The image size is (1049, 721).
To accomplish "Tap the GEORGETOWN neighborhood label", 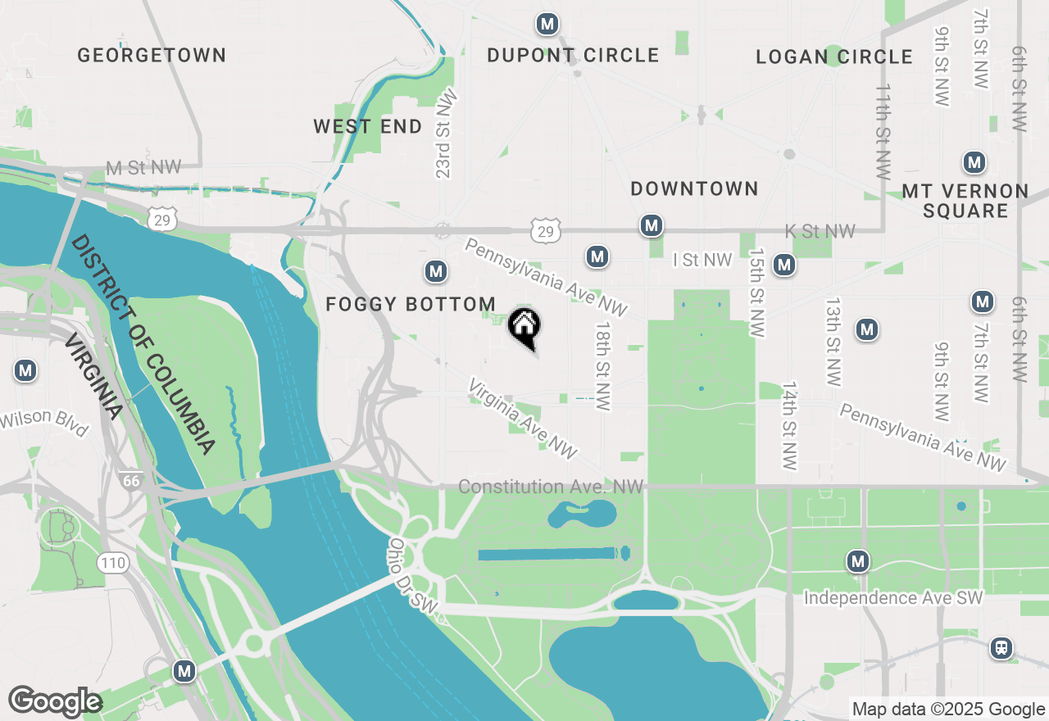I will (x=152, y=55).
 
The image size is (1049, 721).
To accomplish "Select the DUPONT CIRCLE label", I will (x=573, y=55).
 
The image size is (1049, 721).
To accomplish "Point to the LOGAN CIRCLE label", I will (x=834, y=57).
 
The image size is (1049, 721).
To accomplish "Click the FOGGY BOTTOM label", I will (x=411, y=305).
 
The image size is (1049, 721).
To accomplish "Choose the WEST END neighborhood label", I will (x=368, y=126).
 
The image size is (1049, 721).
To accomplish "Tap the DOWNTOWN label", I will (x=694, y=188).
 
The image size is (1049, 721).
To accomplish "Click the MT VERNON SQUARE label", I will (x=965, y=201).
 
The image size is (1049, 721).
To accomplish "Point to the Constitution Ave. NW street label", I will (x=551, y=487).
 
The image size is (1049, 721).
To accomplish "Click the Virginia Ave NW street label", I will (x=523, y=418).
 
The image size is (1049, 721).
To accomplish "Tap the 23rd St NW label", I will (x=445, y=135).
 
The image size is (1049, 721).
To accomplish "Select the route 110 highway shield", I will (x=111, y=562).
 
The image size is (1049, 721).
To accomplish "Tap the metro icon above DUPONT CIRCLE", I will (x=547, y=24).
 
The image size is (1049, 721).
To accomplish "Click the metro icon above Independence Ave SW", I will (x=858, y=561).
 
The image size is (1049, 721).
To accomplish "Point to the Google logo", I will (x=55, y=701).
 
